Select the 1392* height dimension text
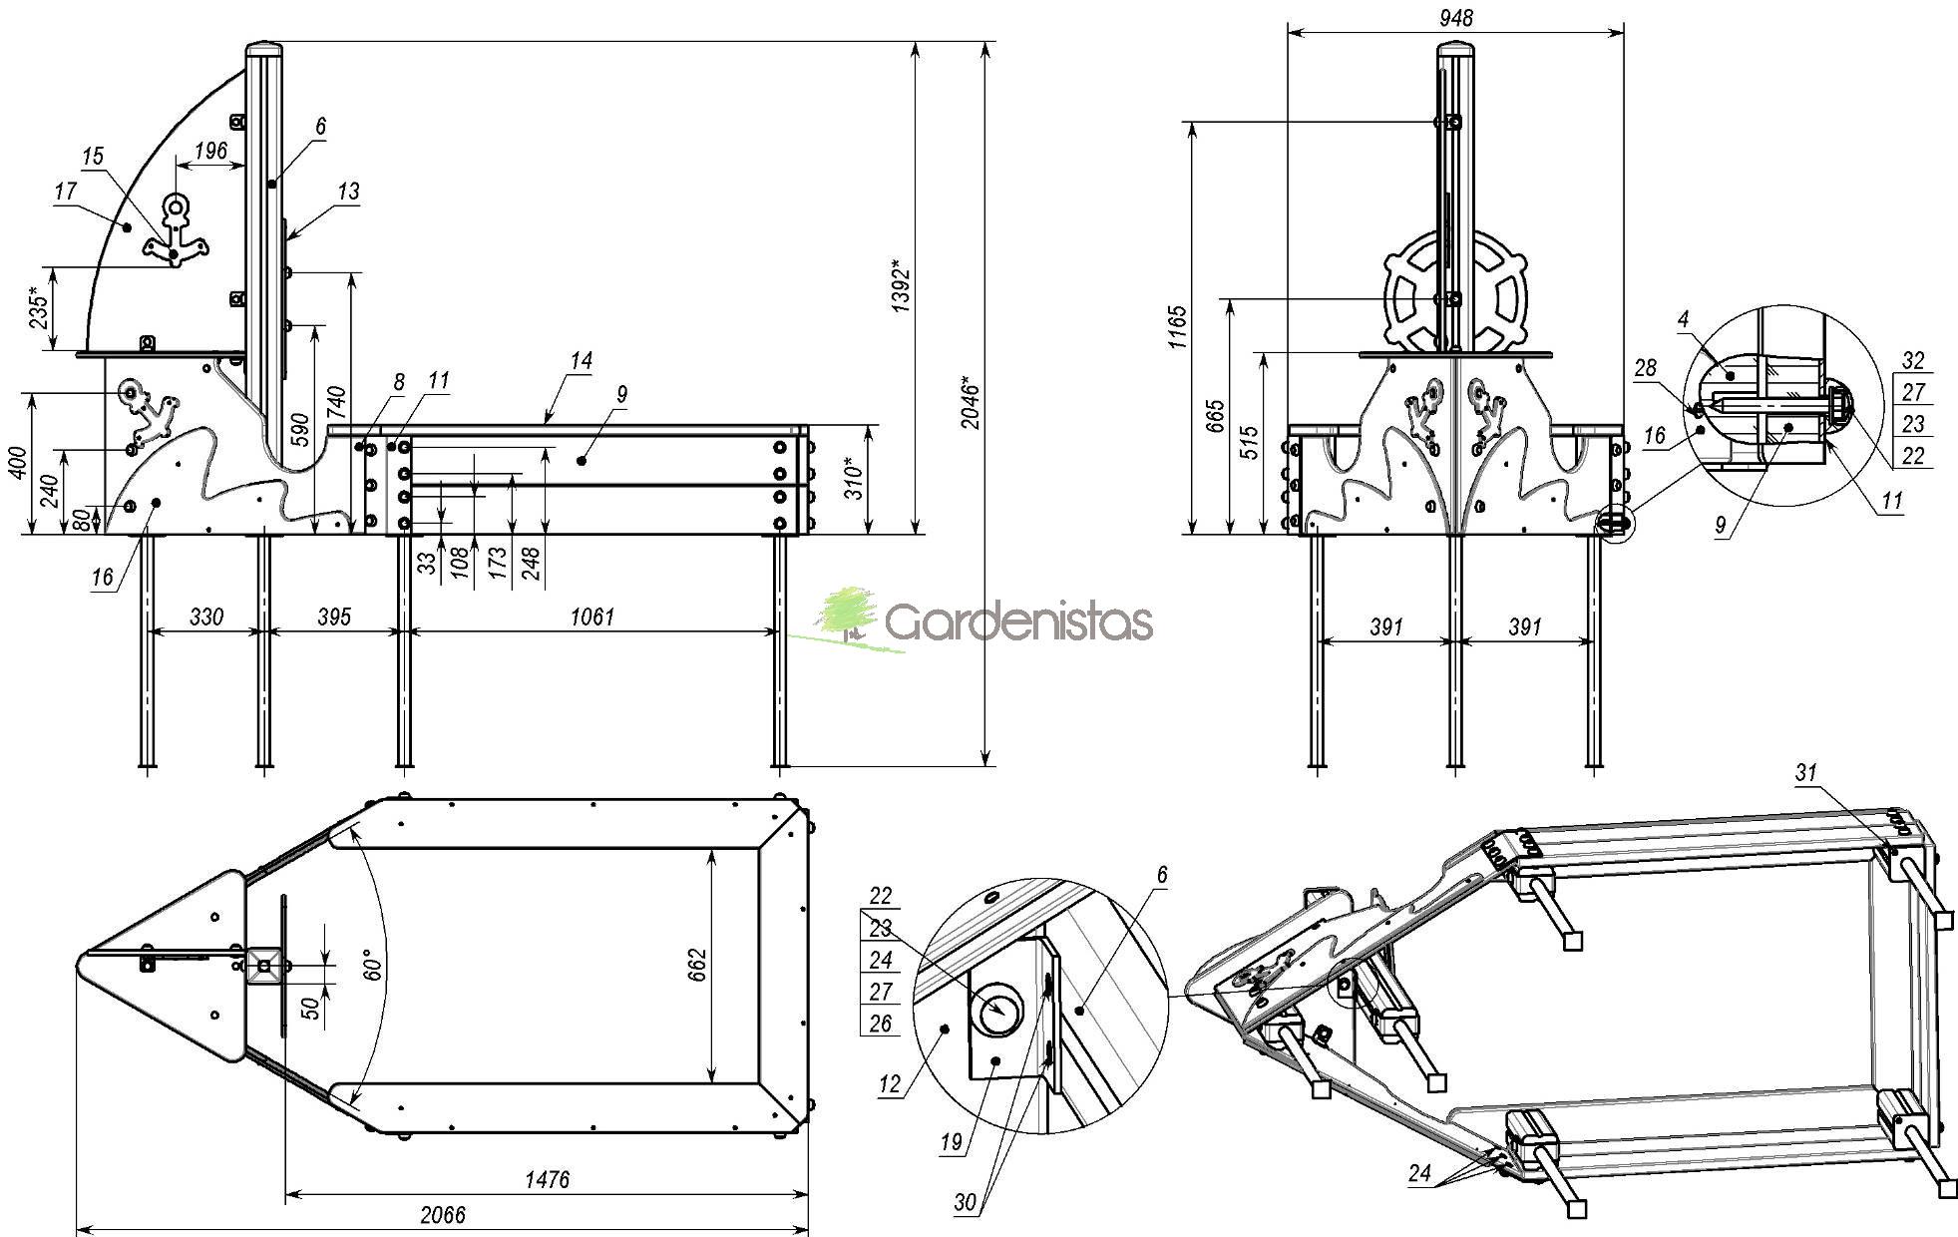tap(901, 287)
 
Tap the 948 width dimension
tap(1456, 18)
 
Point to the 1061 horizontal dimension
tap(592, 617)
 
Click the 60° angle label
tap(371, 968)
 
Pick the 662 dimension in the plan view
tap(697, 965)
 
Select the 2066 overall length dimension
tap(442, 1214)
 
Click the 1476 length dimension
tap(547, 1180)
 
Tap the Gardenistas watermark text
tap(1017, 622)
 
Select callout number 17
tap(66, 191)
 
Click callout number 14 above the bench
tap(582, 360)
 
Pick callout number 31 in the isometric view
tap(1805, 772)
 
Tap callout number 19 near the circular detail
tap(952, 1142)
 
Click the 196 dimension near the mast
tap(210, 151)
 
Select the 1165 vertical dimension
tap(1177, 326)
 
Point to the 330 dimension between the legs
tap(205, 617)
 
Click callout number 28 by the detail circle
tap(1645, 368)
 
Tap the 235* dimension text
tap(38, 308)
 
